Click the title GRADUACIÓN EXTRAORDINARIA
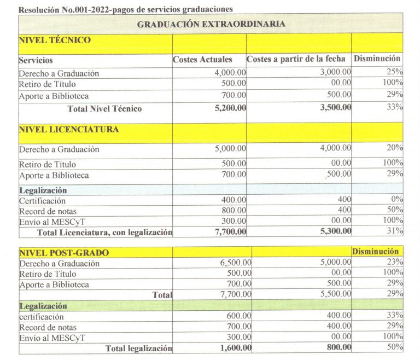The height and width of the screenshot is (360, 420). [x=211, y=24]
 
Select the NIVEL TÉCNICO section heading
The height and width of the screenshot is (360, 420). [x=55, y=40]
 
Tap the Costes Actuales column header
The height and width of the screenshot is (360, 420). [x=202, y=59]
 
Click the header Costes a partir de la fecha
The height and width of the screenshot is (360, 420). [x=296, y=59]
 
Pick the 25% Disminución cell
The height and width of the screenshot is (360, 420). [x=395, y=72]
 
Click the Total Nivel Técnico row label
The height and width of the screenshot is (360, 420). [x=104, y=108]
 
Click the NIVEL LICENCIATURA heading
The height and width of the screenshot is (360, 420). [x=69, y=130]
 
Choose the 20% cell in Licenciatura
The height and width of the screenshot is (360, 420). [x=395, y=147]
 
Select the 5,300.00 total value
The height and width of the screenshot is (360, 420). [x=332, y=232]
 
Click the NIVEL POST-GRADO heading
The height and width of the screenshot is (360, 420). [x=64, y=253]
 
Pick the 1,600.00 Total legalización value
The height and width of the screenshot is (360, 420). [x=233, y=348]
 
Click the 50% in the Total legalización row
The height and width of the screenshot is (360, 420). [x=395, y=347]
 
